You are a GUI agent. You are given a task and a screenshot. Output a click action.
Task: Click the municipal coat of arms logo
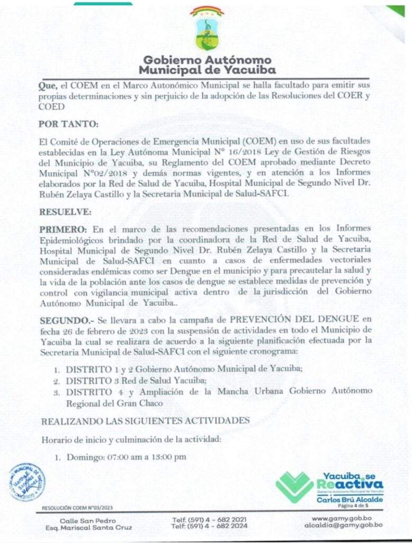pos(207,29)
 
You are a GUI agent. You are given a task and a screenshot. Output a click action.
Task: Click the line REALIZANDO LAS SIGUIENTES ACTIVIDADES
pos(145,420)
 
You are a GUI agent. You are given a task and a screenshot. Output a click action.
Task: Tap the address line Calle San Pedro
pos(88,521)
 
